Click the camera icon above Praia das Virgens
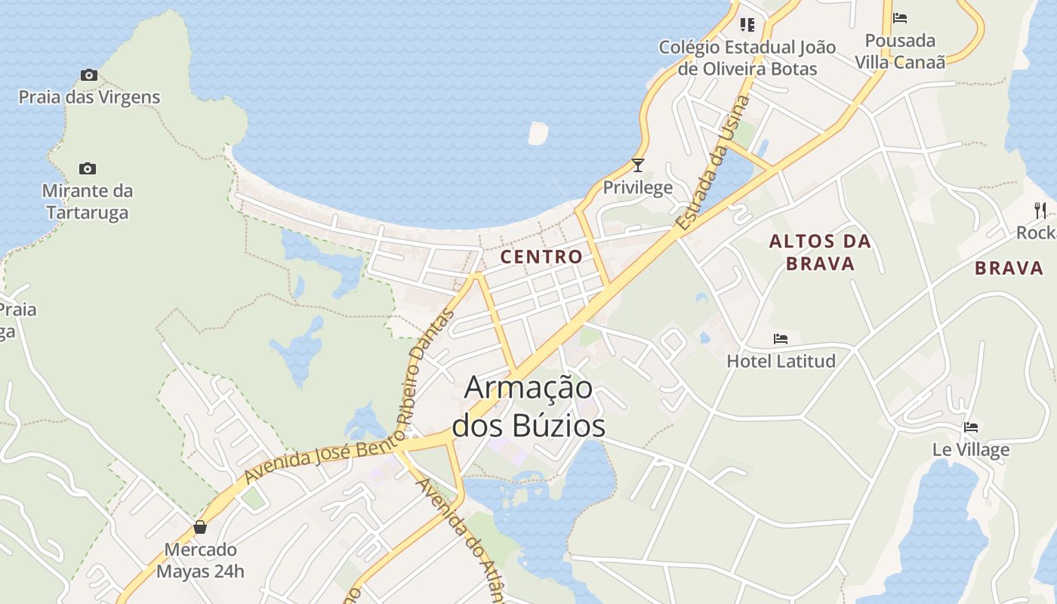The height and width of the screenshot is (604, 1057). tap(89, 75)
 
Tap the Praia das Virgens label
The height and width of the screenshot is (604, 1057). tap(89, 97)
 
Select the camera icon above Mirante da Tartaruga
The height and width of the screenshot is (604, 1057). tap(88, 168)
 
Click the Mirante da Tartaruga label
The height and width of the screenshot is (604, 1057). tap(88, 202)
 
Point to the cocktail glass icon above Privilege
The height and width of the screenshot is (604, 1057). tap(638, 165)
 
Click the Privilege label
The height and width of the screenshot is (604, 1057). tap(638, 187)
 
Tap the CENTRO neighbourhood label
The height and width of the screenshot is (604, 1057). tap(541, 257)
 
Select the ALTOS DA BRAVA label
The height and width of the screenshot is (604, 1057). tap(820, 252)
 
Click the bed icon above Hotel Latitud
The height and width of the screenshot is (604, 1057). tap(781, 339)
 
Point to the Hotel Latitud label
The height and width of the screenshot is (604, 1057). tap(781, 362)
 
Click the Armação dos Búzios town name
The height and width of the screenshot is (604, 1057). tap(528, 406)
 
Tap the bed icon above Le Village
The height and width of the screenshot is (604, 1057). tap(971, 427)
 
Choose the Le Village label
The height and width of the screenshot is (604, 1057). tap(971, 450)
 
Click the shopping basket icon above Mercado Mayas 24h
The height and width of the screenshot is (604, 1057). tap(200, 527)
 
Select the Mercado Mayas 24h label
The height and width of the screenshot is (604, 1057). tap(200, 560)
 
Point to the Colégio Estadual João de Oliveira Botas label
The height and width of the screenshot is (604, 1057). tap(747, 58)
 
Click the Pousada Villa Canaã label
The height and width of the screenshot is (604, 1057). tap(900, 51)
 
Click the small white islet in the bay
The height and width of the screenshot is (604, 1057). tap(538, 133)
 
